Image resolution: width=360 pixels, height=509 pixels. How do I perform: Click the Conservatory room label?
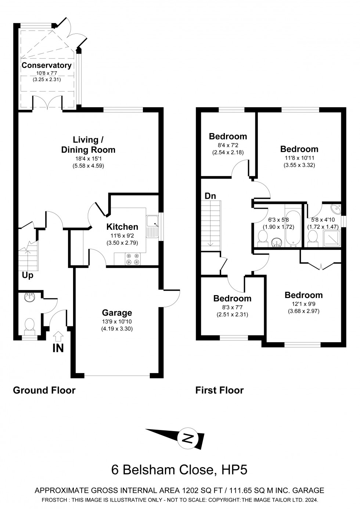tap(46, 65)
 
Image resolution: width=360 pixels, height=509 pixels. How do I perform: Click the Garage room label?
tap(117, 313)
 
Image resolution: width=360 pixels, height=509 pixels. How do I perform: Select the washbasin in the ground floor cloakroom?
tap(29, 297)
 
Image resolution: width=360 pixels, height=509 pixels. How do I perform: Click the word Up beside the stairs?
tap(28, 275)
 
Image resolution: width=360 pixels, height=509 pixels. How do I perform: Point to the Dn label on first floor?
tap(210, 196)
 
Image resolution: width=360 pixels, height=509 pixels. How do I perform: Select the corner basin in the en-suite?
tap(336, 210)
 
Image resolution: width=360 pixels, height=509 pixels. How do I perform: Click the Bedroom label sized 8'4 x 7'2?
tap(228, 136)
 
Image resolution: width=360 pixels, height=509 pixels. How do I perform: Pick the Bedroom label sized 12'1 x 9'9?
tap(303, 295)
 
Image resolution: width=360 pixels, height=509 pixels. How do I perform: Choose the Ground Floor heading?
tap(44, 390)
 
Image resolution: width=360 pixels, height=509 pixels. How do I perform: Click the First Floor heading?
tap(219, 390)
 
